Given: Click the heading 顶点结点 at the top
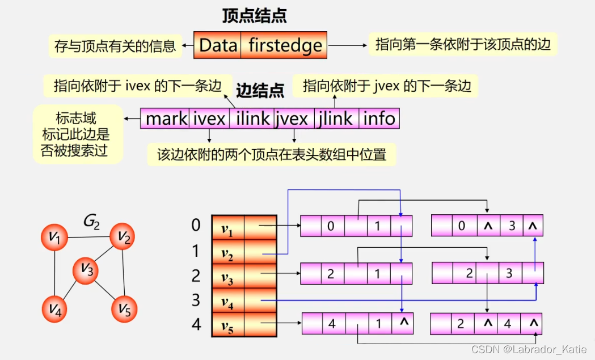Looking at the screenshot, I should point(255,15).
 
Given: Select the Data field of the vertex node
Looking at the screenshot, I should point(218,45).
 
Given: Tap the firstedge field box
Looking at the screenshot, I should point(285,45).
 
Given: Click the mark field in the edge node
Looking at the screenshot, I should point(166,118).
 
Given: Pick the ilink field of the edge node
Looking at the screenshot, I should point(252,118).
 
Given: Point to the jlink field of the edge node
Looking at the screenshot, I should point(336,118).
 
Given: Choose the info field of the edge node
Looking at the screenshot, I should point(379,118).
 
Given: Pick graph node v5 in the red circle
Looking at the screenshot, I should point(124,309).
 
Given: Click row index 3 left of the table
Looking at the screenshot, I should point(196,300).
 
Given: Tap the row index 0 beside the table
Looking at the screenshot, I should point(196,226).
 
